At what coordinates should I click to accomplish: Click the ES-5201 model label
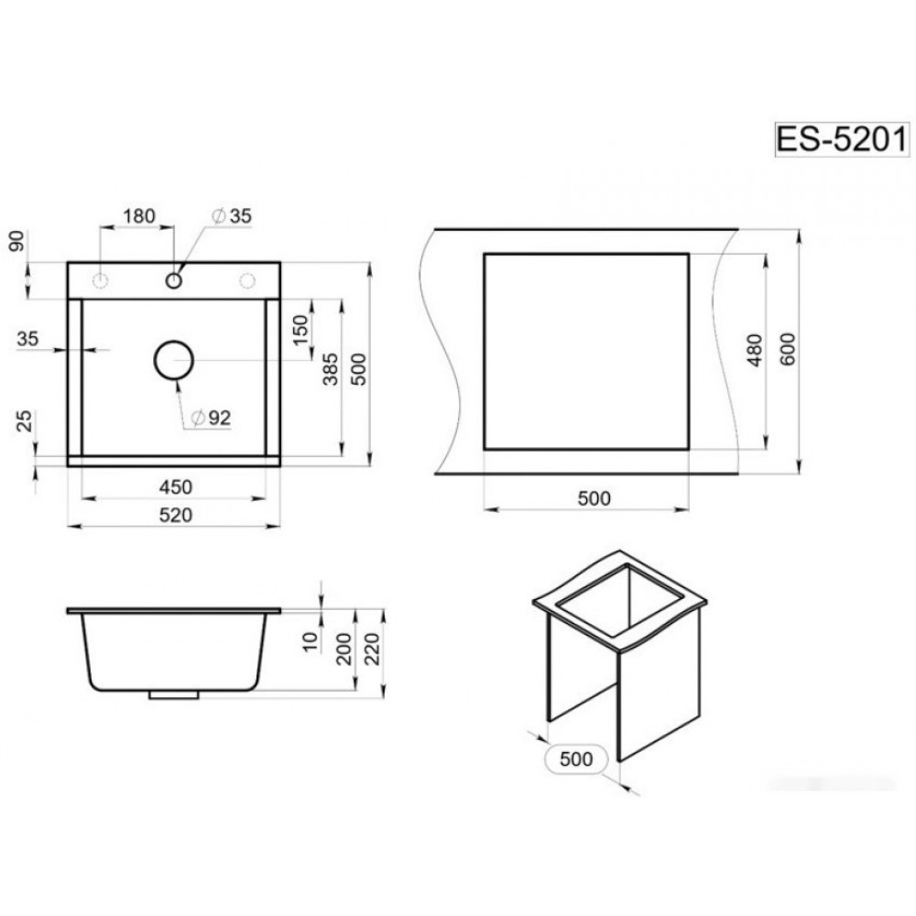click(842, 139)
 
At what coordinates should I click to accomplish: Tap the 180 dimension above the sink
click(139, 216)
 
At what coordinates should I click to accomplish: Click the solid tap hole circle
click(173, 280)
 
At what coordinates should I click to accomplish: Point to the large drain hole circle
click(173, 360)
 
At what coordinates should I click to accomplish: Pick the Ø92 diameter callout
click(212, 418)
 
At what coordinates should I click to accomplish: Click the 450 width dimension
click(175, 486)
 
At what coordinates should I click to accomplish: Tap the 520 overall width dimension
click(175, 515)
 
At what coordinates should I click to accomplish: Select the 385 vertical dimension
click(330, 368)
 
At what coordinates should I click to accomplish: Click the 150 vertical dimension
click(300, 330)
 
